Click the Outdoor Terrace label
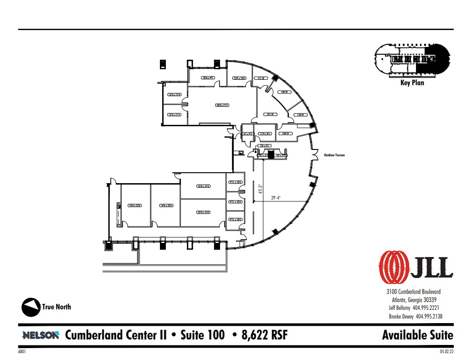(334, 155)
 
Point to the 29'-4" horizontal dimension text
(276, 198)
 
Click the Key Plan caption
(412, 83)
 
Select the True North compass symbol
(30, 307)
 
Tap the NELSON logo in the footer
(41, 335)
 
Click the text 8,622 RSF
(260, 335)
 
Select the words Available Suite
(417, 335)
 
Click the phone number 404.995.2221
(427, 308)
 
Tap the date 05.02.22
(446, 352)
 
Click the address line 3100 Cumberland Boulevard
(413, 292)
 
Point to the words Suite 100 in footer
(202, 335)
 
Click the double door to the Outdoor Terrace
(314, 155)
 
